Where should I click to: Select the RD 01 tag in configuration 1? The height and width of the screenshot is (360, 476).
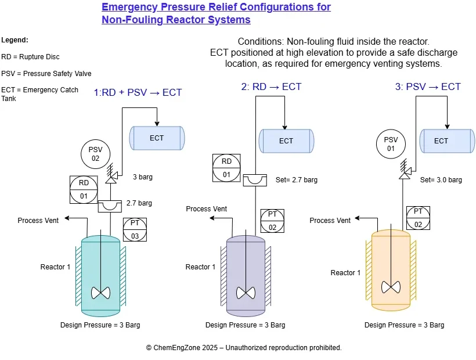[84, 189]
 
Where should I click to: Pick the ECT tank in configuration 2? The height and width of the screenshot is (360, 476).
[286, 141]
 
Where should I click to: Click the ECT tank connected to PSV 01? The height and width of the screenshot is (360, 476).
[441, 141]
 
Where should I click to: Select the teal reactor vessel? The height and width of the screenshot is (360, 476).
[101, 273]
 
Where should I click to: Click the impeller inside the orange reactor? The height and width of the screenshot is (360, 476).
[391, 286]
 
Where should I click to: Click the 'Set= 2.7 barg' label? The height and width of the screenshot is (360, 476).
[296, 180]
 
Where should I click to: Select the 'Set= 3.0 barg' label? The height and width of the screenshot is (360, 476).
[441, 180]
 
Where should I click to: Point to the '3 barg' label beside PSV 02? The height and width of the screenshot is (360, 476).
[142, 177]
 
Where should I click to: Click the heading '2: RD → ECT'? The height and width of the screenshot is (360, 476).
[271, 87]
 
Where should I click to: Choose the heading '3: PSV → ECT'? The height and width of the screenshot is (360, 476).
[427, 87]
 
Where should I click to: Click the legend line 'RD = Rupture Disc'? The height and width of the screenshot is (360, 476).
[30, 57]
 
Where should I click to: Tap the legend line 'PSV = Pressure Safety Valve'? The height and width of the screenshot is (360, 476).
[46, 74]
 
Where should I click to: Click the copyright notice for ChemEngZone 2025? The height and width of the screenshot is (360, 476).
[243, 347]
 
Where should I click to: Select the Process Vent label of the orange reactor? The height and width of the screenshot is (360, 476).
[330, 221]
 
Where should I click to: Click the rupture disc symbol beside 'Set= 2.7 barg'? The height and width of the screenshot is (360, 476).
[255, 180]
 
